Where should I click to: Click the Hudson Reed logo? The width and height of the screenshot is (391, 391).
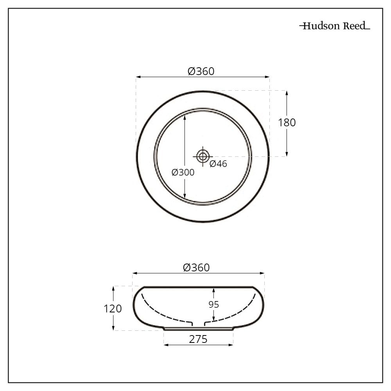[335, 26]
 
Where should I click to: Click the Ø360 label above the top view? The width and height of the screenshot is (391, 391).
[201, 71]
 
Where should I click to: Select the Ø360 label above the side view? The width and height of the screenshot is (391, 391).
[197, 267]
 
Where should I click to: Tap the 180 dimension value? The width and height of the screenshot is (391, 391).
[287, 122]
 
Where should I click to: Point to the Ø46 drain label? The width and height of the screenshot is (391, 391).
[218, 164]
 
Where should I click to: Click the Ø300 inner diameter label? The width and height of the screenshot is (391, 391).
[183, 172]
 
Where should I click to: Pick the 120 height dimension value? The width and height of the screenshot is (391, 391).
[113, 308]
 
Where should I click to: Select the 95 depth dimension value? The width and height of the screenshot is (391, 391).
[213, 305]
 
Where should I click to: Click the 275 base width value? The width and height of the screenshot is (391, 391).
[198, 339]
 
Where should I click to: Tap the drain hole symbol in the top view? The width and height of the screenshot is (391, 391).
[203, 156]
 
